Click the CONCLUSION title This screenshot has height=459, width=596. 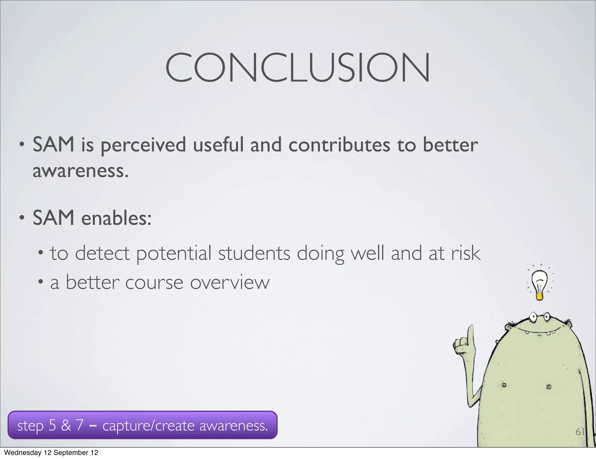pyautogui.click(x=297, y=68)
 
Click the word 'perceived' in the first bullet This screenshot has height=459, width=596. pyautogui.click(x=143, y=145)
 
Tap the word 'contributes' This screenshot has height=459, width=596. pyautogui.click(x=339, y=145)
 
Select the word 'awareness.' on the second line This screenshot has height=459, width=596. pyautogui.click(x=80, y=171)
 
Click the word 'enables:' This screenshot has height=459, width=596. pyautogui.click(x=116, y=218)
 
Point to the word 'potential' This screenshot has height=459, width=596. pyautogui.click(x=174, y=253)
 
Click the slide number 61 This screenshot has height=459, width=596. pyautogui.click(x=580, y=432)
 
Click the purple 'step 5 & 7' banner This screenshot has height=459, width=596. pyautogui.click(x=142, y=425)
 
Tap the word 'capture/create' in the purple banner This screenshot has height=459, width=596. pyautogui.click(x=148, y=426)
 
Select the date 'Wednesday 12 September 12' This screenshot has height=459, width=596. pyautogui.click(x=51, y=453)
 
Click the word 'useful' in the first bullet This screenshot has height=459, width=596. pyautogui.click(x=218, y=145)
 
